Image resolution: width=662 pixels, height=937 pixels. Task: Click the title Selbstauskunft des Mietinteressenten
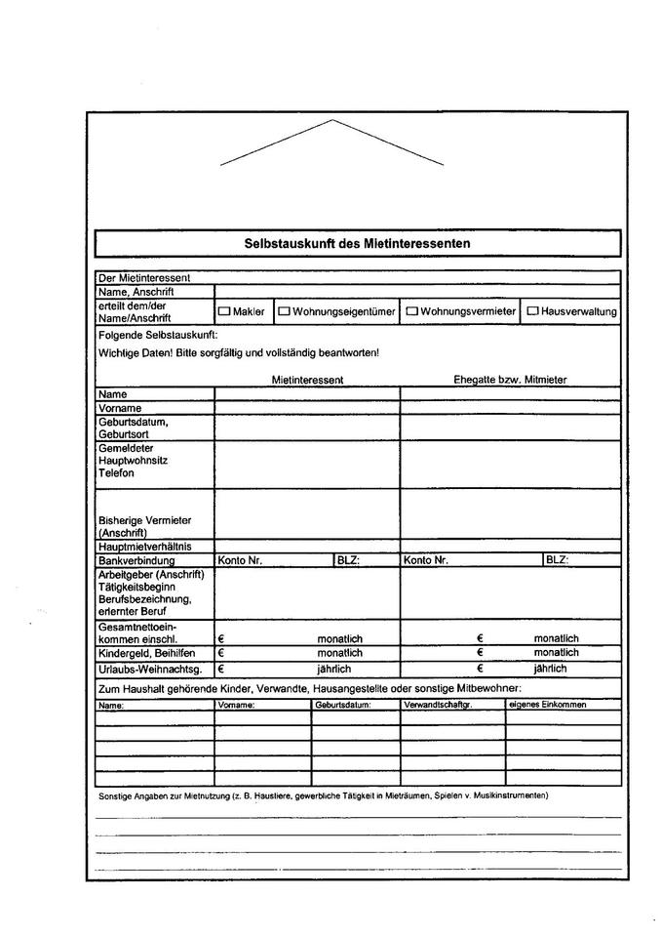coord(357,243)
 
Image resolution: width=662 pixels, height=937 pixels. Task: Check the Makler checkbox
coord(223,311)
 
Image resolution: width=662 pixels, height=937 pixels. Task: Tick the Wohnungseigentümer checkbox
coord(285,311)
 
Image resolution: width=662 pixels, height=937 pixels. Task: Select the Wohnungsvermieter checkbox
coord(411,311)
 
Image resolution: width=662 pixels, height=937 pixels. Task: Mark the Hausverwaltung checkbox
coord(532,311)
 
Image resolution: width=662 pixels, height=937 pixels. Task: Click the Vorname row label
coord(120,408)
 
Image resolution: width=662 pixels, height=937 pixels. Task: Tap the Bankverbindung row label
coord(136,561)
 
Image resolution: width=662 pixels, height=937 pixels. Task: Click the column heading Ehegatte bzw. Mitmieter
coord(510,380)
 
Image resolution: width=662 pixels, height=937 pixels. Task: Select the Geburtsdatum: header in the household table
coord(343,705)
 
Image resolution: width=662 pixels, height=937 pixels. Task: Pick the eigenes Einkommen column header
coord(548,705)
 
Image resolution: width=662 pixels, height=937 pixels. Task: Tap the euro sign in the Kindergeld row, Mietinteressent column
coord(221,653)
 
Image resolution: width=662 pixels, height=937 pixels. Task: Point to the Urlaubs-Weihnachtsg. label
coord(150,670)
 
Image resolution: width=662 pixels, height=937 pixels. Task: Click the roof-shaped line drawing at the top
coord(332,143)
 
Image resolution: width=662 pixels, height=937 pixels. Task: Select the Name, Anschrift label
coord(134,291)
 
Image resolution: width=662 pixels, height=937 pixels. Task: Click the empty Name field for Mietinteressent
coord(307,394)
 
